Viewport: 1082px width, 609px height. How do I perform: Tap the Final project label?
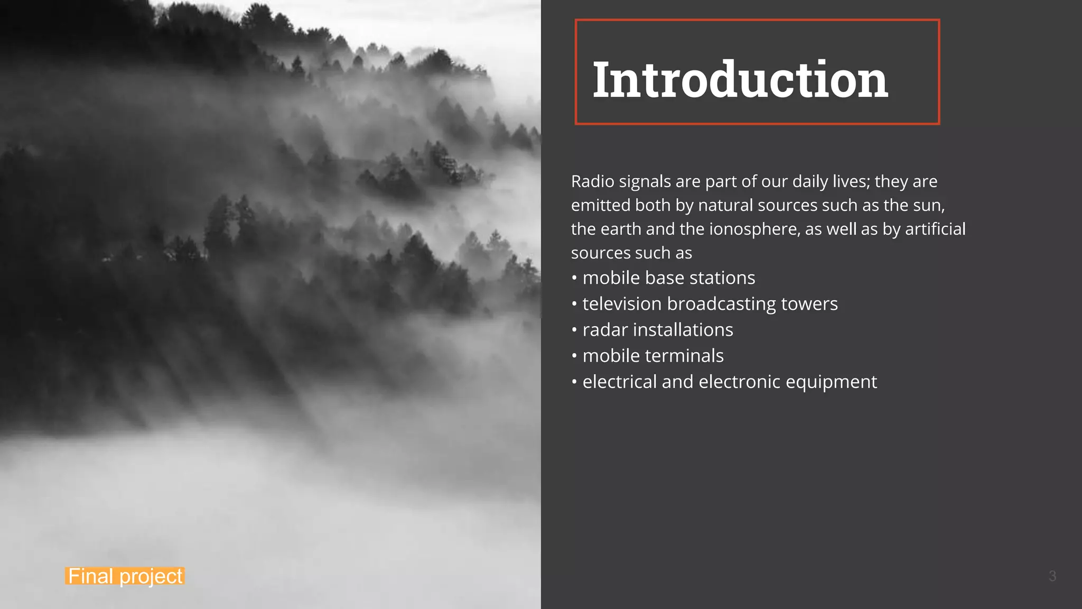point(125,576)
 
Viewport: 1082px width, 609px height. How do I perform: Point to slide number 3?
point(1052,576)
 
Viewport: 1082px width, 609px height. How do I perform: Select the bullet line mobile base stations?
point(668,278)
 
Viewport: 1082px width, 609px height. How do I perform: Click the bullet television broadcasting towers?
point(710,304)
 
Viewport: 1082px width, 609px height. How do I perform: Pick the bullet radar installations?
point(657,330)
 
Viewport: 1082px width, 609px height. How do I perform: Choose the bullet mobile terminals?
point(652,356)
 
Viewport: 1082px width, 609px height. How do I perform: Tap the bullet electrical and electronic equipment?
point(729,382)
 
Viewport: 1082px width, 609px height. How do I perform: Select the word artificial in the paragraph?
point(935,229)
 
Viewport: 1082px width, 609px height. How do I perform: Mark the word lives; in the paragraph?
point(851,181)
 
